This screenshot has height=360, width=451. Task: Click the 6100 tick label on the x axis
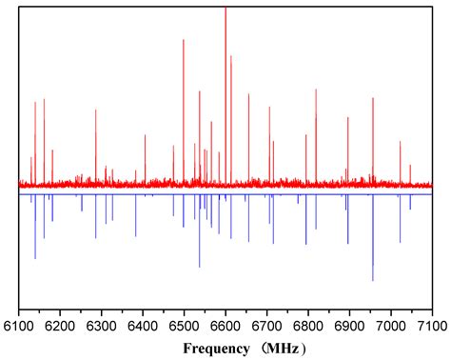pos(19,326)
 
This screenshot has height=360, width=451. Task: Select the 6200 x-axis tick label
pos(60,326)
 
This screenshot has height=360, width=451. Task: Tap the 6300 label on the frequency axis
pos(102,326)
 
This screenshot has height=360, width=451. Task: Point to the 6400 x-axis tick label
pos(143,326)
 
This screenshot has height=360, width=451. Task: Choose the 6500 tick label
pos(185,326)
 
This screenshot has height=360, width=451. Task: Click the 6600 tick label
pos(225,326)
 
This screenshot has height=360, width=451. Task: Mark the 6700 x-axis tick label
pos(267,326)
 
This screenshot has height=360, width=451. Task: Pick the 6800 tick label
pos(308,326)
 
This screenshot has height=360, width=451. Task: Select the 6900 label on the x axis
pos(349,326)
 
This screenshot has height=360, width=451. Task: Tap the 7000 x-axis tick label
pos(391,326)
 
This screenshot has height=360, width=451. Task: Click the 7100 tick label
pos(431,326)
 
